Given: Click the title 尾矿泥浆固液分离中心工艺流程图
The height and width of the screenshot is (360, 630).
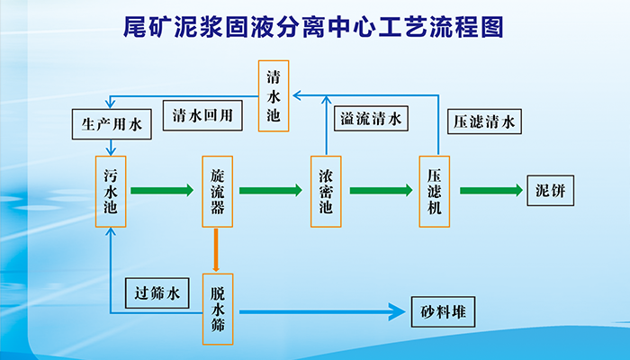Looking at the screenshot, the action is coord(313,27).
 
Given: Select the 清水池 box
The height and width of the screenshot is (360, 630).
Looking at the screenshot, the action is coord(274,96).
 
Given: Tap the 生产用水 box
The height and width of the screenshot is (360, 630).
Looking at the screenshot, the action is coord(112,124).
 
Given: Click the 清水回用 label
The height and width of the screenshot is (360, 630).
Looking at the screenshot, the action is coord(202,115).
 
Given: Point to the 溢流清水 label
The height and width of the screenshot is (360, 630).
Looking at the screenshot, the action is coord(371,118).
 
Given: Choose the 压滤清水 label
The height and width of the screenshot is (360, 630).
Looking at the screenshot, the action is coord(484,121).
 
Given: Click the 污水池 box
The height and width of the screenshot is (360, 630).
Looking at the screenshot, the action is coord(111,192).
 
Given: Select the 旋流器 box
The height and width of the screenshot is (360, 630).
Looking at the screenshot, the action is coord(218,192).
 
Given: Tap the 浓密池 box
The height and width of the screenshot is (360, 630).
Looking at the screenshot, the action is coord(326,192).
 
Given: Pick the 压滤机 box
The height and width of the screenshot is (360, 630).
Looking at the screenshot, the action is coord(435,192).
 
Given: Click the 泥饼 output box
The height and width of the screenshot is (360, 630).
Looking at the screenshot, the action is coord(551,191).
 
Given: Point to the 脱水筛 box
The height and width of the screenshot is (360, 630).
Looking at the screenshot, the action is coord(218,309).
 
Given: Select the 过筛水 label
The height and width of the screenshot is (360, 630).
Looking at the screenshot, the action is coord(157,293).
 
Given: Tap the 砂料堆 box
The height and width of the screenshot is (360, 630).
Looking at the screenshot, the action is coord(443,311).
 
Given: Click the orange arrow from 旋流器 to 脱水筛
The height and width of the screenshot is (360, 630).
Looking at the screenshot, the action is coord(216,250).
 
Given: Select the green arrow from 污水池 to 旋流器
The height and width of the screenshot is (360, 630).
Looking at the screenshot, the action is coord(162,190).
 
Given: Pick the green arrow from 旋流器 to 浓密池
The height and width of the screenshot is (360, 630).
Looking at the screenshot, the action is coord(271,190).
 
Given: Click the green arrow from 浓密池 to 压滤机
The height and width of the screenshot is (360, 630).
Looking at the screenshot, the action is coord(381,190).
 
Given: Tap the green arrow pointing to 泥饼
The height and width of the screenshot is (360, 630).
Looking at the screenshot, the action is coord(491,190).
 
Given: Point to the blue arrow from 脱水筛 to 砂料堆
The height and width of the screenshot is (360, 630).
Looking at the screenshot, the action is coord(322,311).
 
